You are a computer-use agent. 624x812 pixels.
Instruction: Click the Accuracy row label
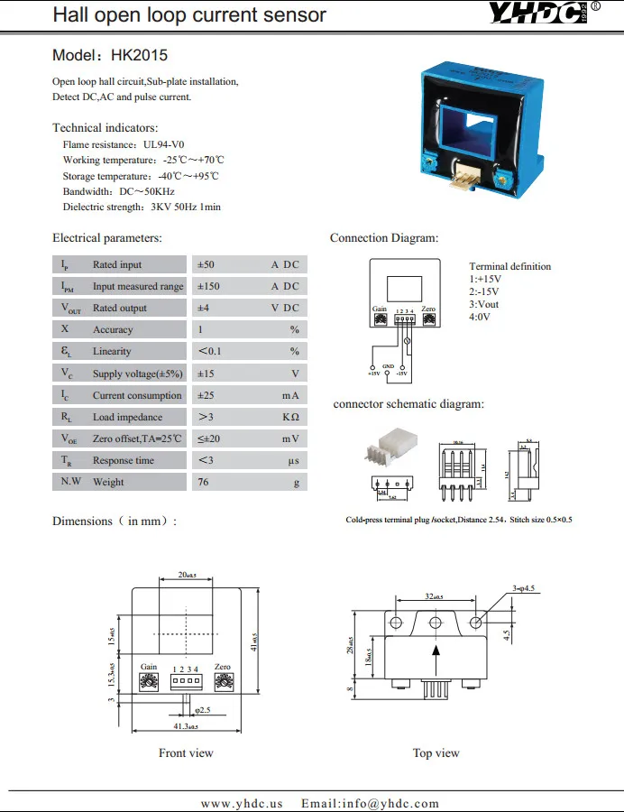click(113, 329)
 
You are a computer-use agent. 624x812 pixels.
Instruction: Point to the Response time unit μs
click(294, 460)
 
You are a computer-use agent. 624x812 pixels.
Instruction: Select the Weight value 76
click(203, 482)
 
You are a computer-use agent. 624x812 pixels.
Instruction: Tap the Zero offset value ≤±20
click(213, 438)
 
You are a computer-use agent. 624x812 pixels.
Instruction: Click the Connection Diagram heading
click(384, 238)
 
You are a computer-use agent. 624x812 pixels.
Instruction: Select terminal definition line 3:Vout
click(484, 304)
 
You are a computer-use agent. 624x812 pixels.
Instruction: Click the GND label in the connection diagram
click(388, 365)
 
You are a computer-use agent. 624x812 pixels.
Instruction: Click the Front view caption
click(186, 752)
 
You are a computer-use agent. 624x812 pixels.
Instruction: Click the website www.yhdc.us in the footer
click(242, 803)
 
